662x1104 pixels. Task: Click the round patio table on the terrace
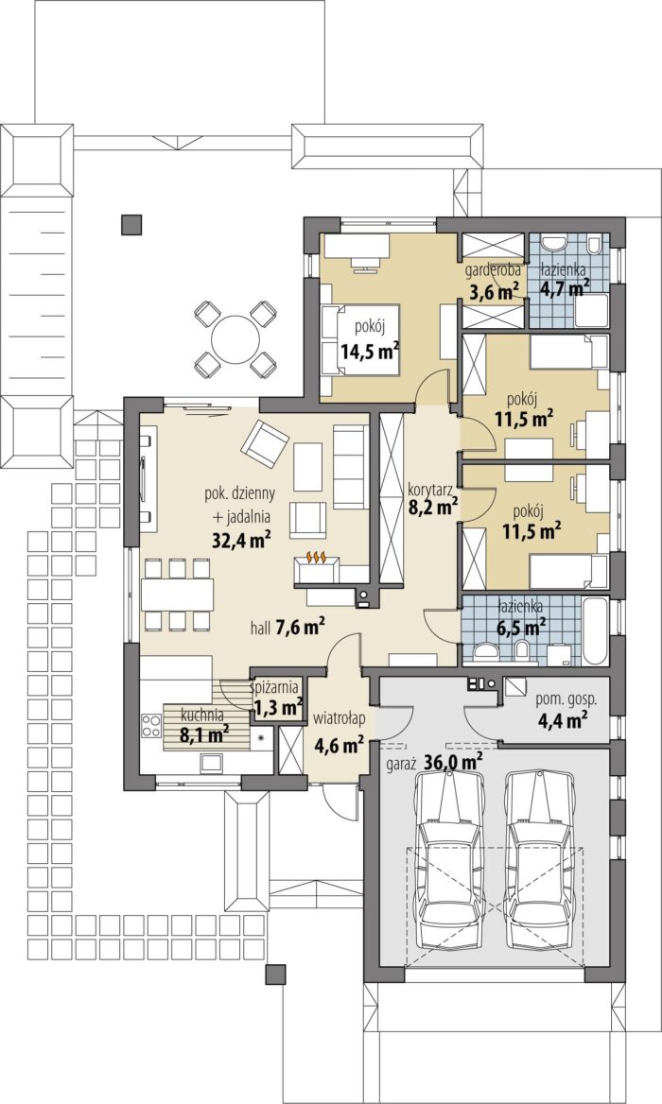[234, 336]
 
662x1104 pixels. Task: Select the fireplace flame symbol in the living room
[316, 558]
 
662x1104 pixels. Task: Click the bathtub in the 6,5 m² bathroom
[594, 630]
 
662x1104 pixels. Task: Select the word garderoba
[493, 269]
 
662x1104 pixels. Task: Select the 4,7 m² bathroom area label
[565, 287]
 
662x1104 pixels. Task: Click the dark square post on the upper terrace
[131, 224]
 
